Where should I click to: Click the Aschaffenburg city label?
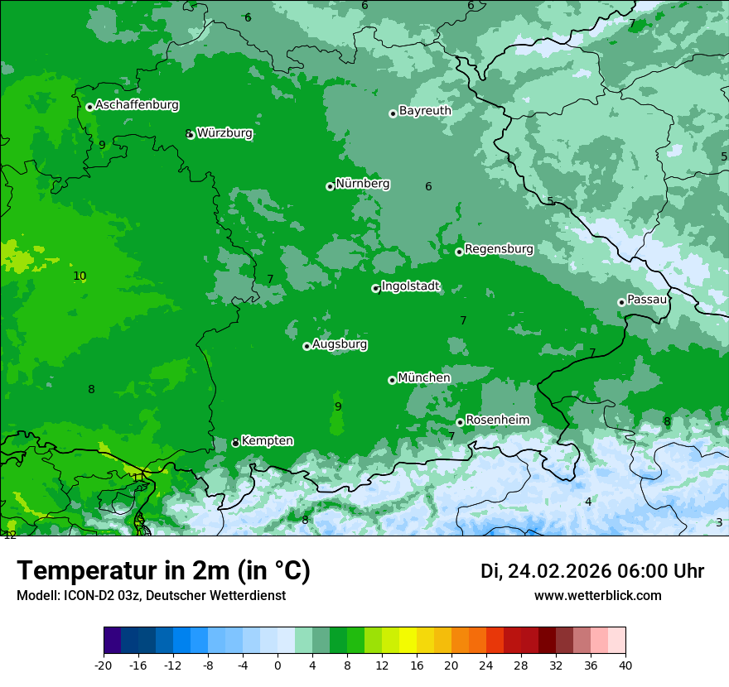pos(137,105)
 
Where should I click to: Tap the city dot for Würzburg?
pos(191,135)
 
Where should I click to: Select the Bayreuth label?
pos(425,110)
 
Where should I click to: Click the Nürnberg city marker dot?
pos(330,186)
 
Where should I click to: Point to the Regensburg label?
pos(499,248)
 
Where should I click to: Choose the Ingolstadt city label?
pos(410,286)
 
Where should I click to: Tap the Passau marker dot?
pos(621,302)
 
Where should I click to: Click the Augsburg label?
pos(340,343)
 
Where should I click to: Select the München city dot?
pos(392,380)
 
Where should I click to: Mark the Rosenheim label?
pos(497,420)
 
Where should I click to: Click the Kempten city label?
pos(267,440)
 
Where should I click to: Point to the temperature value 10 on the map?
pos(80,276)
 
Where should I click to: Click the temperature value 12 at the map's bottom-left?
pos(10,536)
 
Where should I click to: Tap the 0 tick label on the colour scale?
pos(278,665)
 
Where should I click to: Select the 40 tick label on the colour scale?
pos(625,665)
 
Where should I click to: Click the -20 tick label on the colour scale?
pos(104,665)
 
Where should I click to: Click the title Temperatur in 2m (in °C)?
pos(163,570)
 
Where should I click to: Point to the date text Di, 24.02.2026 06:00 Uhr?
pos(592,571)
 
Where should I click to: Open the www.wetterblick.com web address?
pos(597,595)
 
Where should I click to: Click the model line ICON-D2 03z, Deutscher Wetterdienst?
pos(151,595)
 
